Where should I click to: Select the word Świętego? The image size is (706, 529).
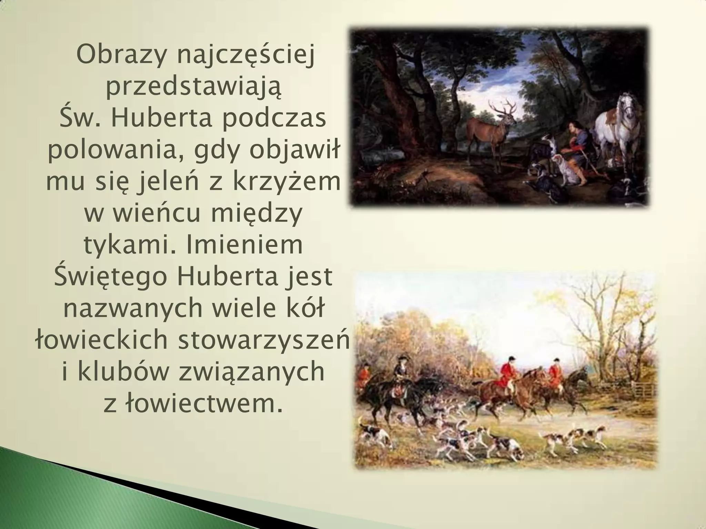pyautogui.click(x=110, y=277)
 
